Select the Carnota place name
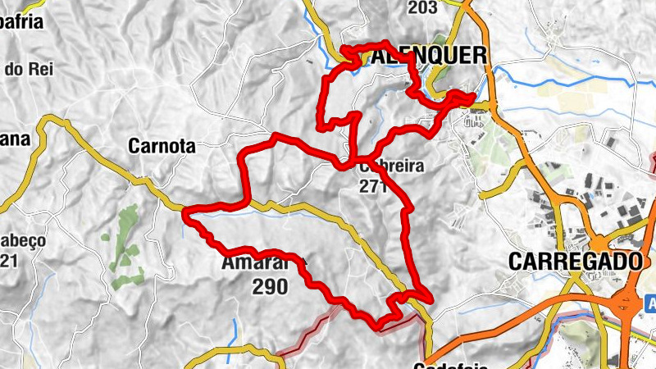(162, 147)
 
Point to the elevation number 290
(270, 287)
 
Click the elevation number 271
(372, 186)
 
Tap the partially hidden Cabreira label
(392, 166)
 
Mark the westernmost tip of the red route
(186, 215)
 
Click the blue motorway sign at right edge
(650, 303)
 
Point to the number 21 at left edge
(9, 262)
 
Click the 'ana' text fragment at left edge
(14, 139)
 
